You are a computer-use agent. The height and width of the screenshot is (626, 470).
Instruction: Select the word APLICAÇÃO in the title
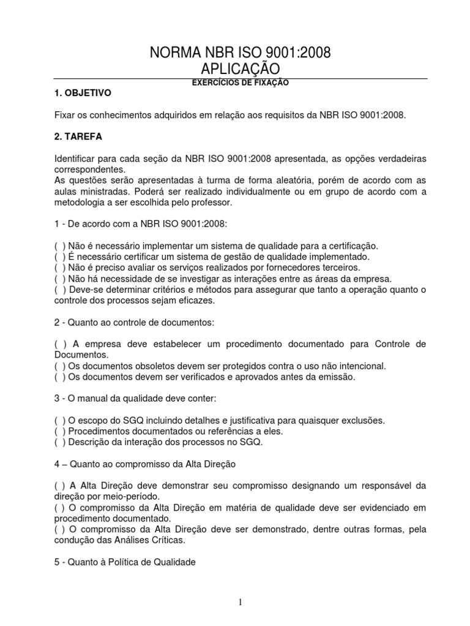pos(240,68)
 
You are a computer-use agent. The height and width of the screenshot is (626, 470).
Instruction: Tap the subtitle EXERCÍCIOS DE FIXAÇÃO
pos(239,83)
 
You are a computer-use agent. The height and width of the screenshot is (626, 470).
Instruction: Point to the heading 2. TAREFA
pos(76,137)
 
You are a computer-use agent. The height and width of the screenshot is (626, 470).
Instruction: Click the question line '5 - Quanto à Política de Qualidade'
pos(124,563)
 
